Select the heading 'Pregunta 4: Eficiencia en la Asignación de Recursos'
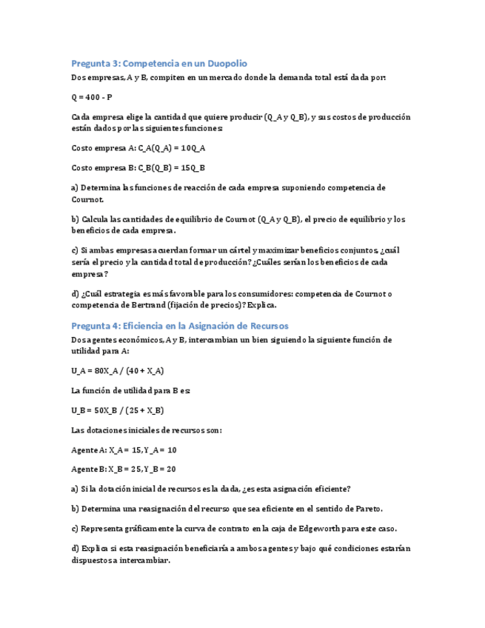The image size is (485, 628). click(x=179, y=326)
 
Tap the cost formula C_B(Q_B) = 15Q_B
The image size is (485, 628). click(x=138, y=168)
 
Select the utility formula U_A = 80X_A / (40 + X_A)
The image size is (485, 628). click(x=117, y=370)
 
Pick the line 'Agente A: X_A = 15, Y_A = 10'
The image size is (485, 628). click(x=124, y=450)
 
